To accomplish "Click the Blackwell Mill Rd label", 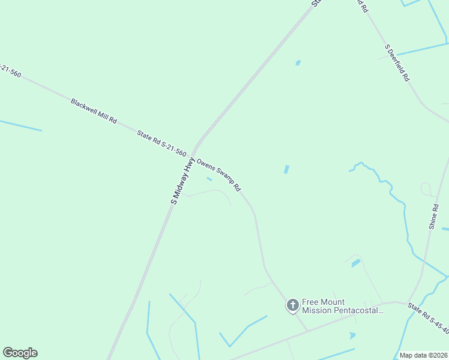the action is click(x=94, y=112).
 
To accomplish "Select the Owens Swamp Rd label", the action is click(x=219, y=175).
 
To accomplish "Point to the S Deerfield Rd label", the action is click(x=397, y=62).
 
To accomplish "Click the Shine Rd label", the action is click(x=434, y=217).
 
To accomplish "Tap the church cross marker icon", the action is click(x=292, y=306).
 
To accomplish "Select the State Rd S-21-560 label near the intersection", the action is click(x=161, y=145).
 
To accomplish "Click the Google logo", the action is click(x=20, y=353).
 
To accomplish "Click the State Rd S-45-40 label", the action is click(x=429, y=316).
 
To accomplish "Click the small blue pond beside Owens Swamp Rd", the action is click(x=209, y=179).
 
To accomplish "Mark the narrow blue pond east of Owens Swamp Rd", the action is click(x=286, y=170).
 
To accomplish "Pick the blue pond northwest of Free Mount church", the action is click(x=356, y=263).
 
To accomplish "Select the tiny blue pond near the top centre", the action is click(x=298, y=62).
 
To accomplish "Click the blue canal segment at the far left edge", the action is click(x=20, y=125).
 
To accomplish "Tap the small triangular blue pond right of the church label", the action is click(x=352, y=336).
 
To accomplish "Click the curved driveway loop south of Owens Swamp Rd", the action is click(x=213, y=193).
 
